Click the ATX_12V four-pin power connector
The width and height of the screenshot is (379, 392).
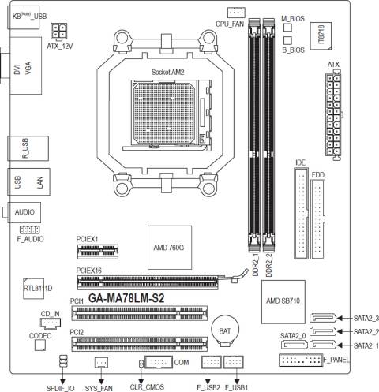(58, 32)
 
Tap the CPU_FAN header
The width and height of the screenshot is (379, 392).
(236, 13)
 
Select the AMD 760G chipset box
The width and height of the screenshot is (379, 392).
(170, 248)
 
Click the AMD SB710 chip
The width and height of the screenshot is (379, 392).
(283, 301)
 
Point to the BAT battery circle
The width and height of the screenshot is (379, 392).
(225, 330)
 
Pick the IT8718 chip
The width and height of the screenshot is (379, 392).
(321, 35)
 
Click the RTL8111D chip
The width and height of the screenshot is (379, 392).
(33, 289)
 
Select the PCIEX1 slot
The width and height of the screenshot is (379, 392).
(98, 252)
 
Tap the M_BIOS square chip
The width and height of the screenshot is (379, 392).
(287, 28)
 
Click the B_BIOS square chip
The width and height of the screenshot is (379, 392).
(287, 40)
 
